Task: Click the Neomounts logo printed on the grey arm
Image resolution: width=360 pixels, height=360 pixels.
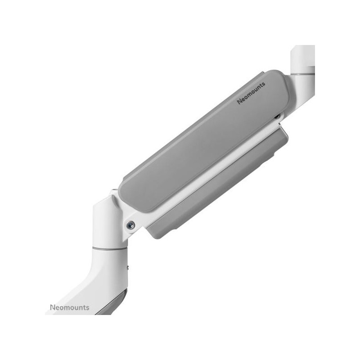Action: coord(251,93)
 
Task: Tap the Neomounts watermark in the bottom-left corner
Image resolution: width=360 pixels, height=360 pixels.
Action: coord(70,307)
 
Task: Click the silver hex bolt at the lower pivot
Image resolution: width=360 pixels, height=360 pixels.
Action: coord(130,225)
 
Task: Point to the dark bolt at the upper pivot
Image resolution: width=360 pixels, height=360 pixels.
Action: coord(277,117)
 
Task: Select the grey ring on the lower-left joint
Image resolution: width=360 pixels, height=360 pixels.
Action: coord(110,248)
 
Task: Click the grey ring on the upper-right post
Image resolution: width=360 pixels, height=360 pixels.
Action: coord(302,73)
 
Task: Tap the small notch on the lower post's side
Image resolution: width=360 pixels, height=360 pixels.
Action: coord(128,267)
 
